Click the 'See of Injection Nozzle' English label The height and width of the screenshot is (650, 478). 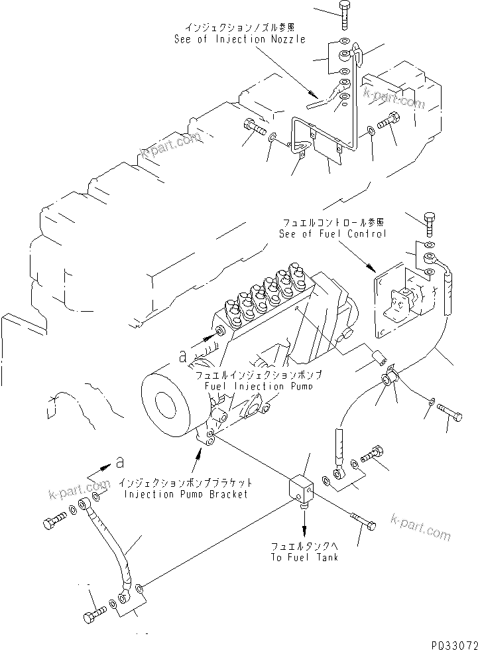coord(239,39)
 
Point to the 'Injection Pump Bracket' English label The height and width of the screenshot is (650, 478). coord(184,494)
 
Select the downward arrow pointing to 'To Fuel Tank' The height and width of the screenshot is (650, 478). coord(304,524)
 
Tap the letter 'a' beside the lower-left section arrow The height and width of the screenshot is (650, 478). coord(119,461)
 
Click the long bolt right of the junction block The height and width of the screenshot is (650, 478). coord(362,521)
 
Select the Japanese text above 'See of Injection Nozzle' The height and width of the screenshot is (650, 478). coord(239,27)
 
